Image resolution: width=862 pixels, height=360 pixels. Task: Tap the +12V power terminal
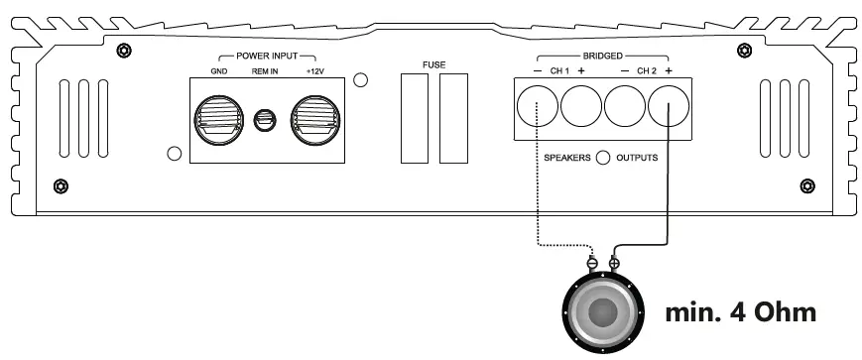(x=314, y=120)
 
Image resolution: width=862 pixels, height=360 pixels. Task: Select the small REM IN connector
(x=265, y=120)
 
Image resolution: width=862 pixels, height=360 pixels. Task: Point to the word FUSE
(x=433, y=65)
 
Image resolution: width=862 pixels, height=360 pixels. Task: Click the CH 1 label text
(x=559, y=71)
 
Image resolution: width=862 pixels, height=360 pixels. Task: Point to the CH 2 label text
(x=647, y=71)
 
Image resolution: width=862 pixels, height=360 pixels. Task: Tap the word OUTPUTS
(x=637, y=158)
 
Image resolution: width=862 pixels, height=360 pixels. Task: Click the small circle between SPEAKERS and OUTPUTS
(x=602, y=158)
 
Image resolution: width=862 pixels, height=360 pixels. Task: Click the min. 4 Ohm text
(x=741, y=312)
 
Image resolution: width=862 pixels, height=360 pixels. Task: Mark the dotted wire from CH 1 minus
(x=538, y=198)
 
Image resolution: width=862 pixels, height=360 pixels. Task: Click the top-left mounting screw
(x=122, y=51)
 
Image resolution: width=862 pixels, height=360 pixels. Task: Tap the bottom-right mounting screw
(x=806, y=185)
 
